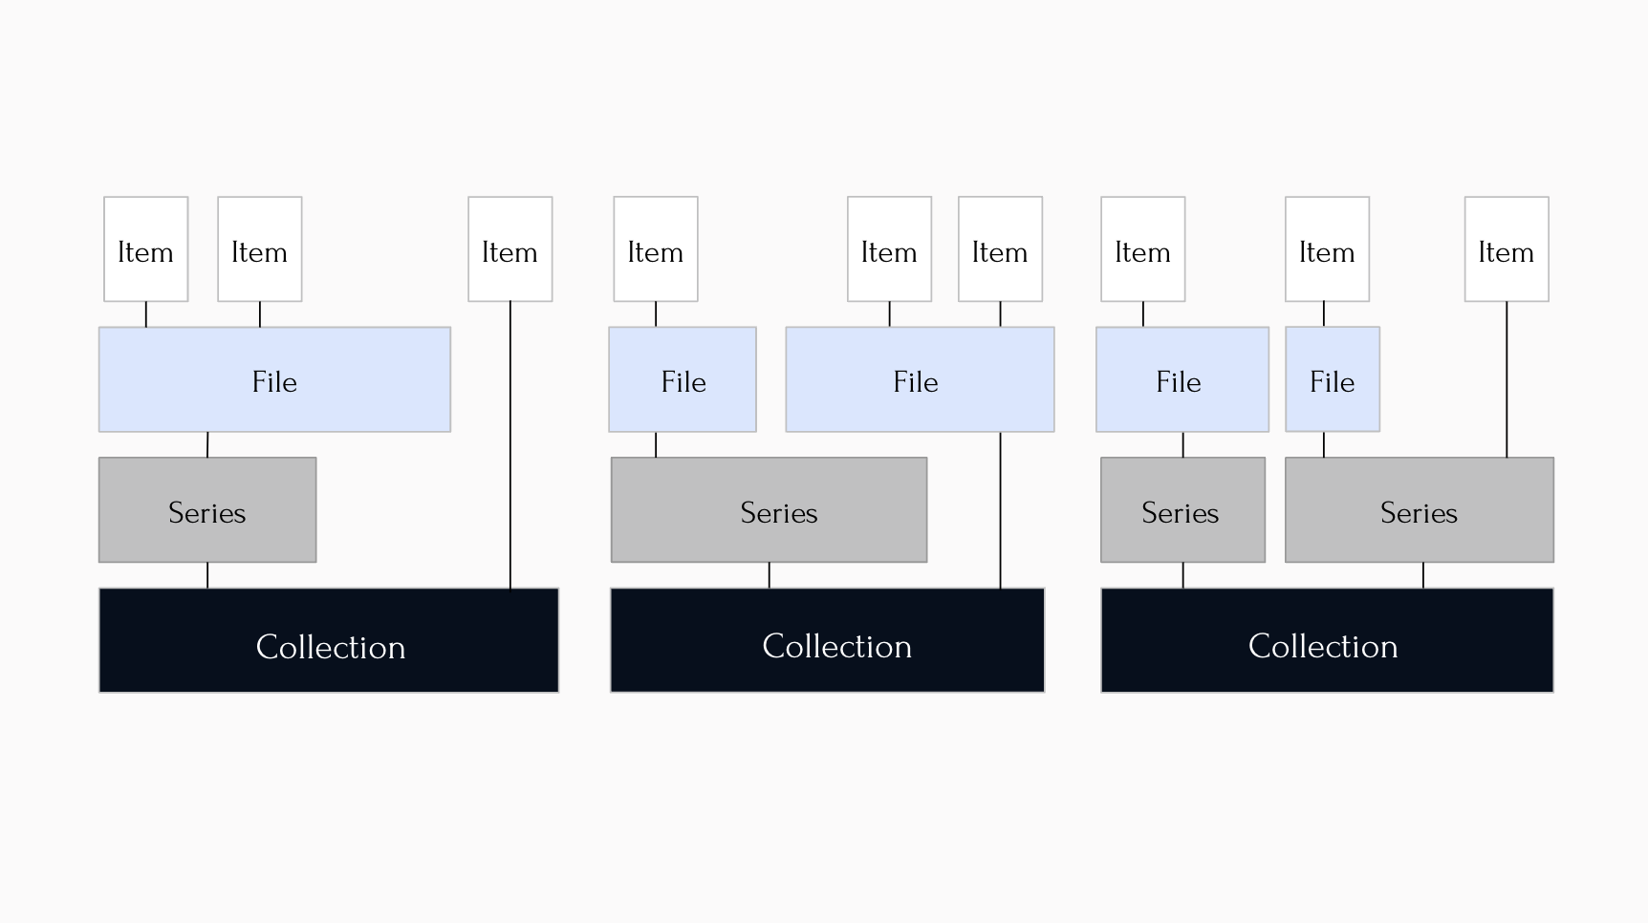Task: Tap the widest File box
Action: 274,379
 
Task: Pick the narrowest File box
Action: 1332,379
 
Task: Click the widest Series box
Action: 769,509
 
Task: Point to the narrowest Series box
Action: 1182,509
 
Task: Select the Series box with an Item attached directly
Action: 1419,509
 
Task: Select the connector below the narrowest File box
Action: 1324,444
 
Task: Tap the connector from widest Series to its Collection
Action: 769,575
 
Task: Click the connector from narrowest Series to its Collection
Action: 1182,575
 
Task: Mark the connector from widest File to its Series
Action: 207,444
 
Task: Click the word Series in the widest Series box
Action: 778,513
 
